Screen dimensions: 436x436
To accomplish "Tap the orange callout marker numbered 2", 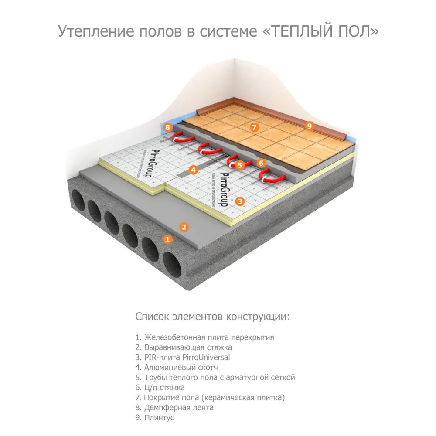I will [x=184, y=226].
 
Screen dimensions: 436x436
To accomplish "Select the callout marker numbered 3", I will [x=239, y=201].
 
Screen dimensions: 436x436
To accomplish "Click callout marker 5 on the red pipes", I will [x=239, y=165].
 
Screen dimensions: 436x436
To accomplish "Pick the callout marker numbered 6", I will [x=261, y=163].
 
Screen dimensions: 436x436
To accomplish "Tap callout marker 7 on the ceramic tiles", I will [x=255, y=127].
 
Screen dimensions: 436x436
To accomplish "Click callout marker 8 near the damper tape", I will [x=168, y=128].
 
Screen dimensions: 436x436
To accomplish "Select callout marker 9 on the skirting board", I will [x=309, y=126].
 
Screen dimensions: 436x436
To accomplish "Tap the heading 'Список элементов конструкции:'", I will [x=212, y=316].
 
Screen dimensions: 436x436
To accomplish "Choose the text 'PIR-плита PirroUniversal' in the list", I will [x=183, y=358].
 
